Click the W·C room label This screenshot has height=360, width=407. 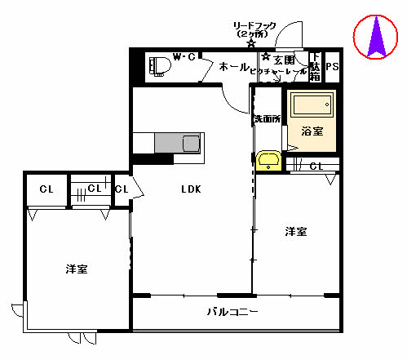click(x=184, y=57)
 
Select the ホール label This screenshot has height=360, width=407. click(x=234, y=66)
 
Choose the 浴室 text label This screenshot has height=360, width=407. click(x=312, y=131)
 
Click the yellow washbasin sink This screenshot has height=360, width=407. click(x=268, y=160)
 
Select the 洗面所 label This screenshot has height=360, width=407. click(x=266, y=120)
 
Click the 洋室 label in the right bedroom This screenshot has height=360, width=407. click(x=296, y=232)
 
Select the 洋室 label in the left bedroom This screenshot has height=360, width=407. click(x=78, y=269)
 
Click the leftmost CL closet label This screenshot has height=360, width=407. click(x=46, y=189)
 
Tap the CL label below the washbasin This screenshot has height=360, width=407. click(x=316, y=167)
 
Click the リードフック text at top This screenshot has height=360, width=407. click(x=255, y=26)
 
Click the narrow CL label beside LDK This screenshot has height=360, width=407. click(x=121, y=190)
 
